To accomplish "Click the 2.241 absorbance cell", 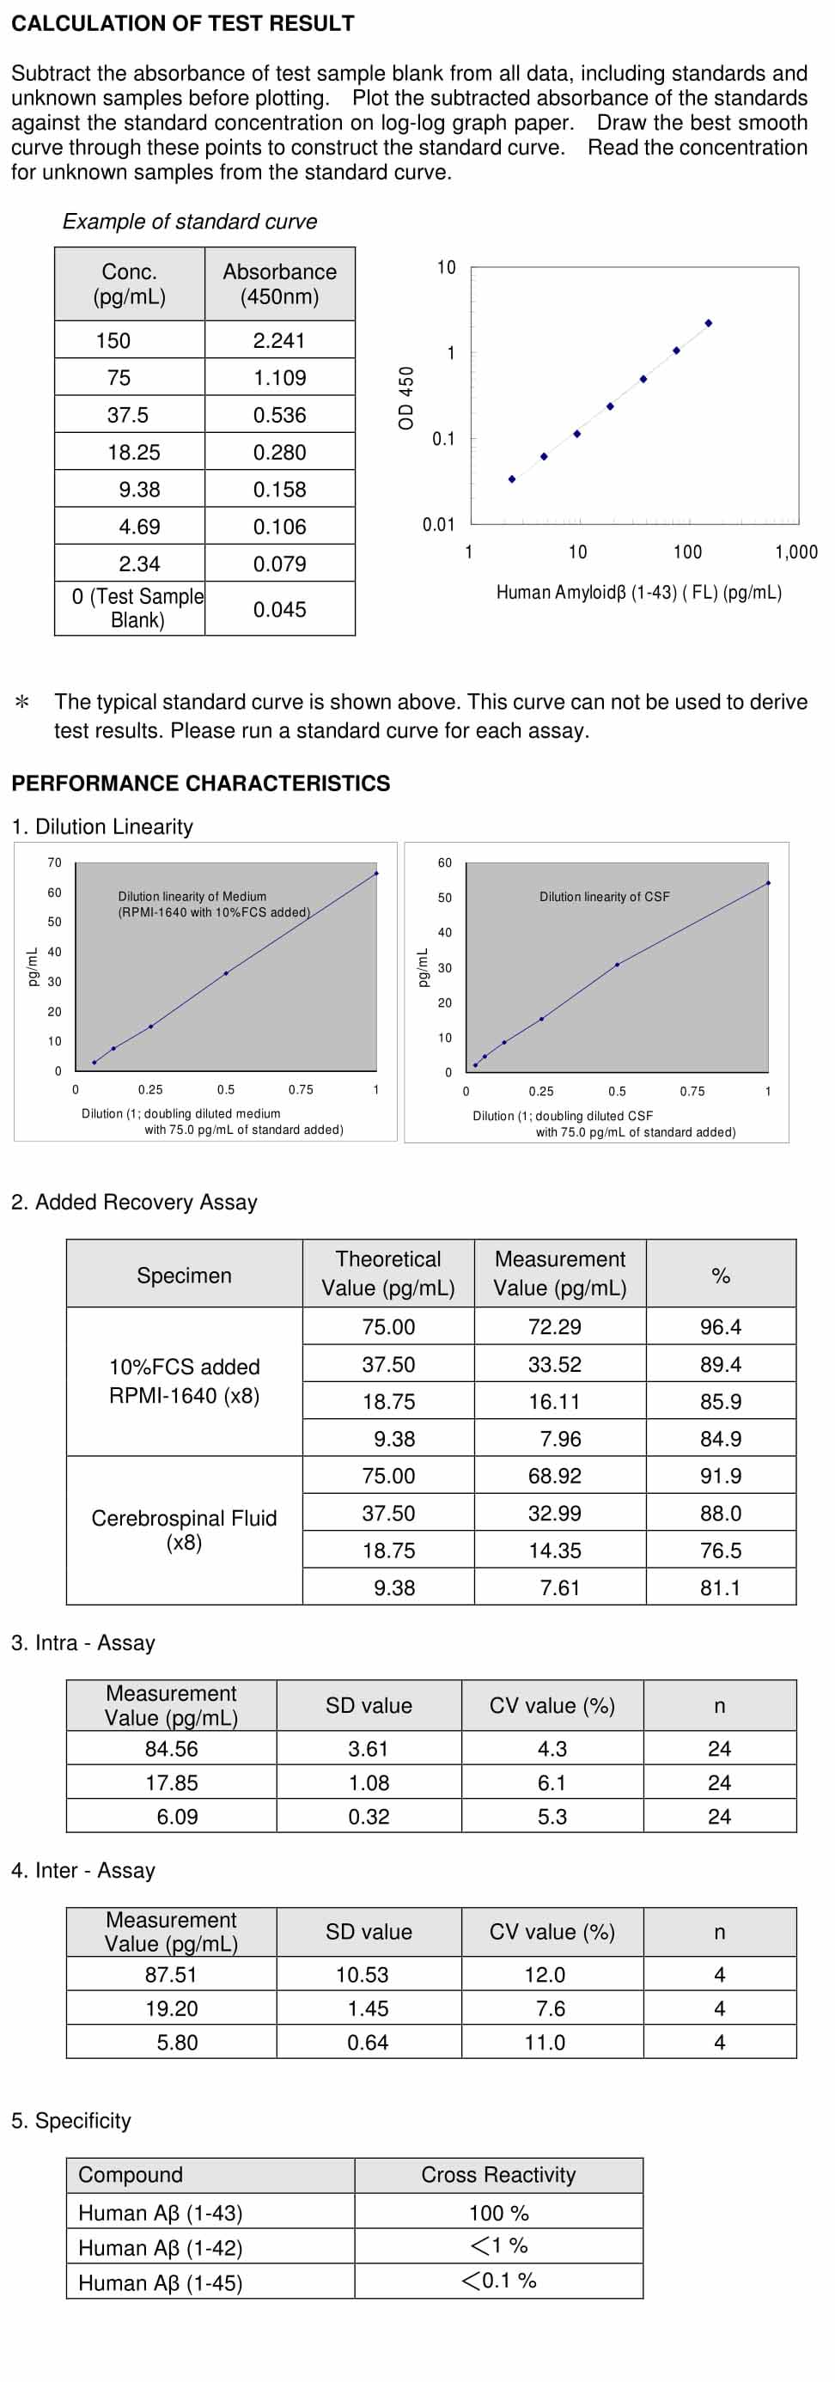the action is tap(279, 340).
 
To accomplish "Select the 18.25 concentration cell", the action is tap(130, 452).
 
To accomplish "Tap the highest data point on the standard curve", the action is tap(709, 323).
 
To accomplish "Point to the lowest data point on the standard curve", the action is tap(512, 479).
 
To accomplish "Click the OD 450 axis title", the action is tap(406, 398).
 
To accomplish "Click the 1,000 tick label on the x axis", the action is tap(796, 552).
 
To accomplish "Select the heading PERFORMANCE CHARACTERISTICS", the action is tap(201, 783).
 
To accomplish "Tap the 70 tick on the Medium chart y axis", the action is tap(55, 862).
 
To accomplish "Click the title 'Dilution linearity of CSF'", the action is tap(605, 896).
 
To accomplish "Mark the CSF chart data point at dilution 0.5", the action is tap(618, 965).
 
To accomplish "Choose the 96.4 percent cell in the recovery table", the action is tap(722, 1326).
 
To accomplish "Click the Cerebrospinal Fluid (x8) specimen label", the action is tap(184, 1529).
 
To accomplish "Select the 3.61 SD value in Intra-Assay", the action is tap(369, 1749).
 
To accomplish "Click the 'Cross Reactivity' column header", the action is tap(498, 2174).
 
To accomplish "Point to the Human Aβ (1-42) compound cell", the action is tap(160, 2247).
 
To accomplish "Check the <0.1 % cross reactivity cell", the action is tap(498, 2281).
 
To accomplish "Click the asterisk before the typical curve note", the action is tap(22, 703).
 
